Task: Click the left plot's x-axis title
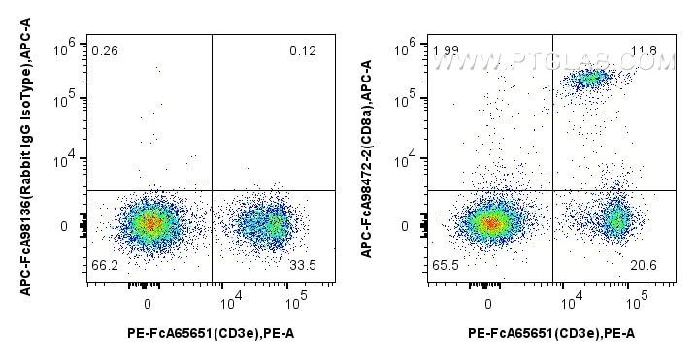(x=212, y=333)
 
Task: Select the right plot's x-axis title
(x=552, y=333)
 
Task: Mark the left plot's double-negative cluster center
(x=148, y=224)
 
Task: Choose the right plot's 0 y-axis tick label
(x=407, y=226)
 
